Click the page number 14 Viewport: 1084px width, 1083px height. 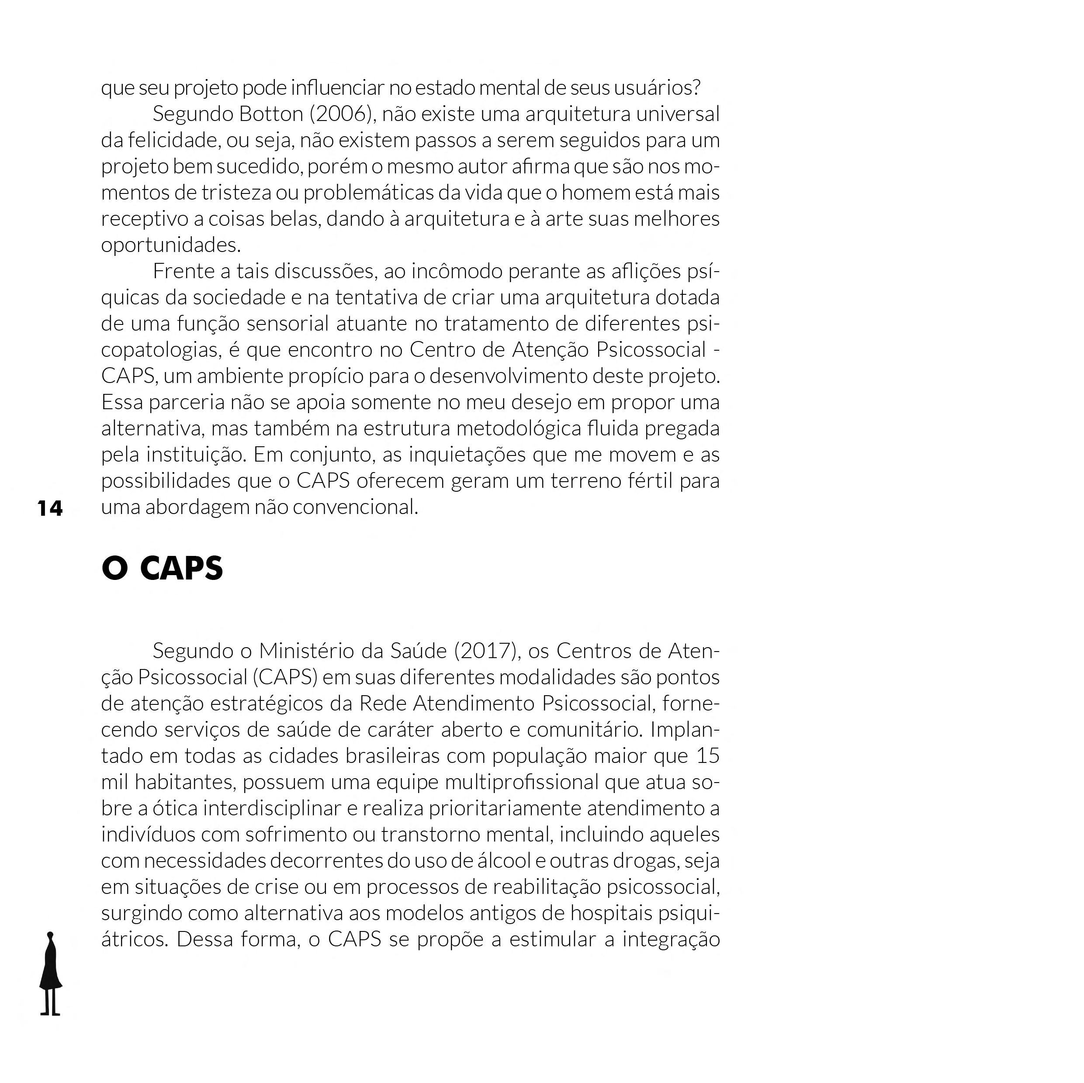click(50, 508)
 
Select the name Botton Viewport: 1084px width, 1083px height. click(271, 114)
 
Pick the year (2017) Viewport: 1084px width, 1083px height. click(485, 651)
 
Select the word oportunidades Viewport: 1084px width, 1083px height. click(170, 245)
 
